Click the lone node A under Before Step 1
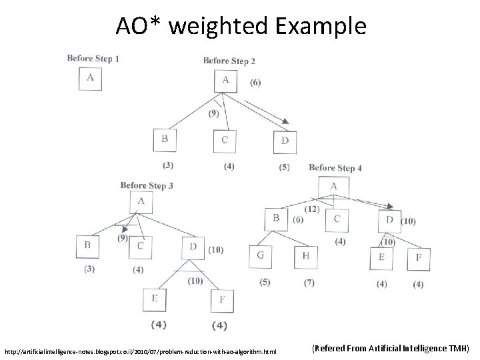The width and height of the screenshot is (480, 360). [x=91, y=78]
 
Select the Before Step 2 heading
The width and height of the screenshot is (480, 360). [x=229, y=61]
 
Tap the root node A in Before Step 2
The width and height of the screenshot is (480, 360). [x=225, y=81]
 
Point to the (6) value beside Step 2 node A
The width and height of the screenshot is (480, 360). [x=255, y=83]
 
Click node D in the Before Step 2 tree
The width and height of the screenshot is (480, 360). [x=285, y=141]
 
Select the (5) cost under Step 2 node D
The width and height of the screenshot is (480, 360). [x=285, y=167]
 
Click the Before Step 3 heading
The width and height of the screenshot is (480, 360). [x=147, y=185]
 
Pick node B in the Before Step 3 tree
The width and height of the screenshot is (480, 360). [x=88, y=245]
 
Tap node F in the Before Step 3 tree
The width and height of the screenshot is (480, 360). [x=222, y=299]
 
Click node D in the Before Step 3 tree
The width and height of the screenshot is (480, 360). [x=193, y=247]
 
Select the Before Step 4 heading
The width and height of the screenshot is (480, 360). [x=335, y=168]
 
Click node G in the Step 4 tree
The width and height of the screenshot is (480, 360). [x=261, y=256]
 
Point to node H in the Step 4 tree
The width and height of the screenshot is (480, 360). [x=305, y=256]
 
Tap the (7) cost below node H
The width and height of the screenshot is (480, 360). [x=309, y=283]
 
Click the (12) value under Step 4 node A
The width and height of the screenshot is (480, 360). [x=312, y=209]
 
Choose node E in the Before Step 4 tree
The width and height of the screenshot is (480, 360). [x=381, y=257]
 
